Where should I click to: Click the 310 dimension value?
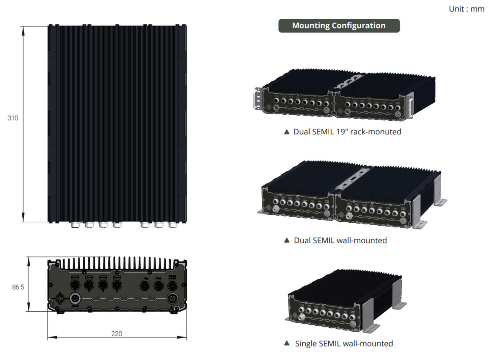(x=13, y=118)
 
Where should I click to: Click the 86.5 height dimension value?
(x=18, y=287)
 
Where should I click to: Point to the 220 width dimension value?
(x=117, y=334)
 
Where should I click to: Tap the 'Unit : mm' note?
(x=466, y=9)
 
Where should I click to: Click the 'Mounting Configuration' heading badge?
(x=339, y=26)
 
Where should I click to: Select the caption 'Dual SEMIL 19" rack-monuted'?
(x=347, y=132)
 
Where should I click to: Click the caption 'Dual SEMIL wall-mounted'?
(x=340, y=240)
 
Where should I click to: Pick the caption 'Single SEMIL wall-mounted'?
(x=344, y=344)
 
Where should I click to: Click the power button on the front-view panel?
(x=172, y=299)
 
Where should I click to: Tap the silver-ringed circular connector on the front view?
(x=75, y=299)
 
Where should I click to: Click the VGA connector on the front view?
(x=158, y=285)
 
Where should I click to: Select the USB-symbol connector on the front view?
(x=144, y=285)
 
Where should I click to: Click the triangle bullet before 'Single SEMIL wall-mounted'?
(x=287, y=343)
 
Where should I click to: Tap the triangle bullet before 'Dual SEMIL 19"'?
(x=287, y=132)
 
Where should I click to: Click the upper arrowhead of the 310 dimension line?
(x=23, y=30)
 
